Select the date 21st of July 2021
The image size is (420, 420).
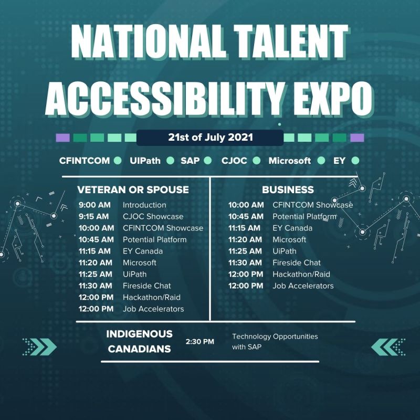click(x=211, y=137)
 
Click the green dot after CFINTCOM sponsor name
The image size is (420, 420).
click(x=118, y=161)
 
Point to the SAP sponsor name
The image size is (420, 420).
click(x=190, y=161)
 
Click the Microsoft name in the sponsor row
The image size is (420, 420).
click(x=290, y=161)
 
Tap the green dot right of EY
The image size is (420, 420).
click(x=355, y=161)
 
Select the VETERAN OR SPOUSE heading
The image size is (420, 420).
click(x=133, y=190)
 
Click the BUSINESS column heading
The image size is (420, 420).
click(x=288, y=190)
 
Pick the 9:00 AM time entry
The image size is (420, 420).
click(x=94, y=205)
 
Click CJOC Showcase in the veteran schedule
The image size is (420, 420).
click(x=153, y=216)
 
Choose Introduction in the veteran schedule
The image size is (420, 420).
click(x=144, y=205)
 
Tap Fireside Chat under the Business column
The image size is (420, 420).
click(x=297, y=263)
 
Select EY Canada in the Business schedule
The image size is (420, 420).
click(x=292, y=228)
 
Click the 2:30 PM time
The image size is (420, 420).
click(x=200, y=342)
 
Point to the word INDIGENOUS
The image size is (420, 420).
click(x=139, y=334)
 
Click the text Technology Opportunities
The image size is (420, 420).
click(x=275, y=337)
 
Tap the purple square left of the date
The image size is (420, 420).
click(x=62, y=138)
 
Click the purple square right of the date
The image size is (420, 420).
click(x=357, y=138)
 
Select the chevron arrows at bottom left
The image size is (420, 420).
click(x=40, y=347)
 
